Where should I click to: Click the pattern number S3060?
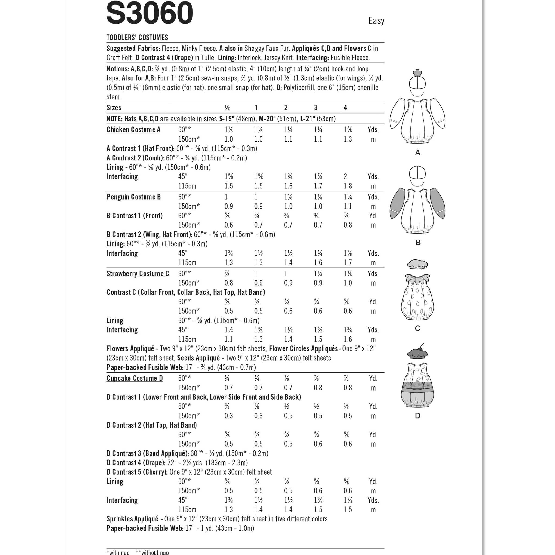150,13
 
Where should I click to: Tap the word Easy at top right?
376,21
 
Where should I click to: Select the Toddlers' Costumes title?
137,37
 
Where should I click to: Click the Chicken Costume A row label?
133,129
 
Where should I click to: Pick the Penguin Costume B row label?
134,197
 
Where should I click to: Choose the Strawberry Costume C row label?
138,274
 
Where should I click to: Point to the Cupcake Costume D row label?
134,378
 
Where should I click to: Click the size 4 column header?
345,108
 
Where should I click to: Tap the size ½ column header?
227,108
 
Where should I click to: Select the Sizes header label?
114,108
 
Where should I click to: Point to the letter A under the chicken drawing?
418,153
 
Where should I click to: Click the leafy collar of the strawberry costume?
417,279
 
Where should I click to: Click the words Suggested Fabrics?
133,48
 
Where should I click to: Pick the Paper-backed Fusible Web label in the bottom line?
145,528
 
